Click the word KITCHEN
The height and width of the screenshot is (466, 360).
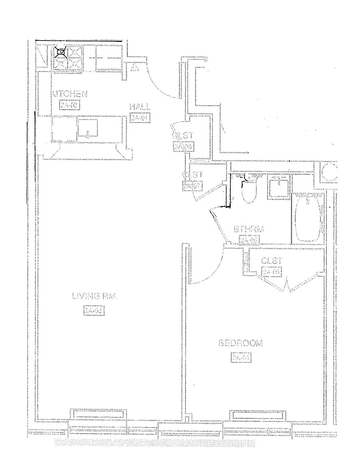coord(70,94)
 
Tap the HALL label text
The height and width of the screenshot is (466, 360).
coord(140,107)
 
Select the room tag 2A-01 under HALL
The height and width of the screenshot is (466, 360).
coord(140,118)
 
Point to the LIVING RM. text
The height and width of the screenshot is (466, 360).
coord(95,296)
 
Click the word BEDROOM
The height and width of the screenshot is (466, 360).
coord(240,344)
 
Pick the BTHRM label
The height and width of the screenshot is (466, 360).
coord(249,230)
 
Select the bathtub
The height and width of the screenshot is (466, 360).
coord(307,220)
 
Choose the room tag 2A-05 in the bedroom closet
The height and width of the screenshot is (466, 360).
coord(271,272)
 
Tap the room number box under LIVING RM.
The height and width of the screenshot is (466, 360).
coord(94,310)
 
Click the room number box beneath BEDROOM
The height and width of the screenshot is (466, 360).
coord(241,357)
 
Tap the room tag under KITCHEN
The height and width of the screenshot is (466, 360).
coord(69,105)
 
